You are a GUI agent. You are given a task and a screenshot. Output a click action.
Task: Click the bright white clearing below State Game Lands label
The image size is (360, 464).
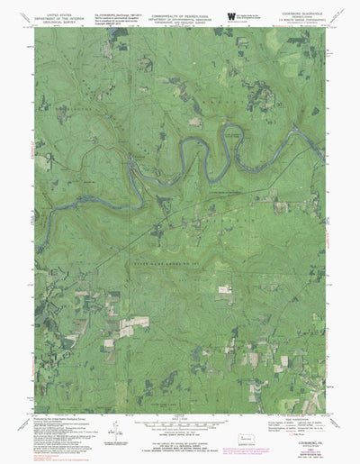click(224, 288)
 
